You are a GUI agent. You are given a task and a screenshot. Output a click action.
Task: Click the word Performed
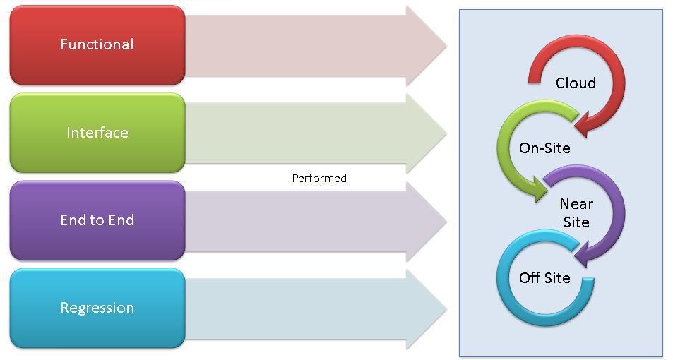[x=319, y=179]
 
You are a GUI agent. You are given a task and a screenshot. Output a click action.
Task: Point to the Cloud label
[x=576, y=83]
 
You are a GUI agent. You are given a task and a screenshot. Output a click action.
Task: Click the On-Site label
[x=544, y=148]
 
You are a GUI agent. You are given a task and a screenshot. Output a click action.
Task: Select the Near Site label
[x=576, y=212]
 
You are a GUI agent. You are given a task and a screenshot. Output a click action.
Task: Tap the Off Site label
[x=544, y=277]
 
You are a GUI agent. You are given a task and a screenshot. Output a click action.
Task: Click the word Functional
[x=97, y=44]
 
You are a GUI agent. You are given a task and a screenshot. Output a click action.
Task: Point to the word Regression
[x=97, y=308]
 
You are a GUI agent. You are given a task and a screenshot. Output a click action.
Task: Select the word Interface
[x=97, y=133]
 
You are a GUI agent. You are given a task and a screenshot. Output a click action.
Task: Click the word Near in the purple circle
[x=576, y=204]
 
